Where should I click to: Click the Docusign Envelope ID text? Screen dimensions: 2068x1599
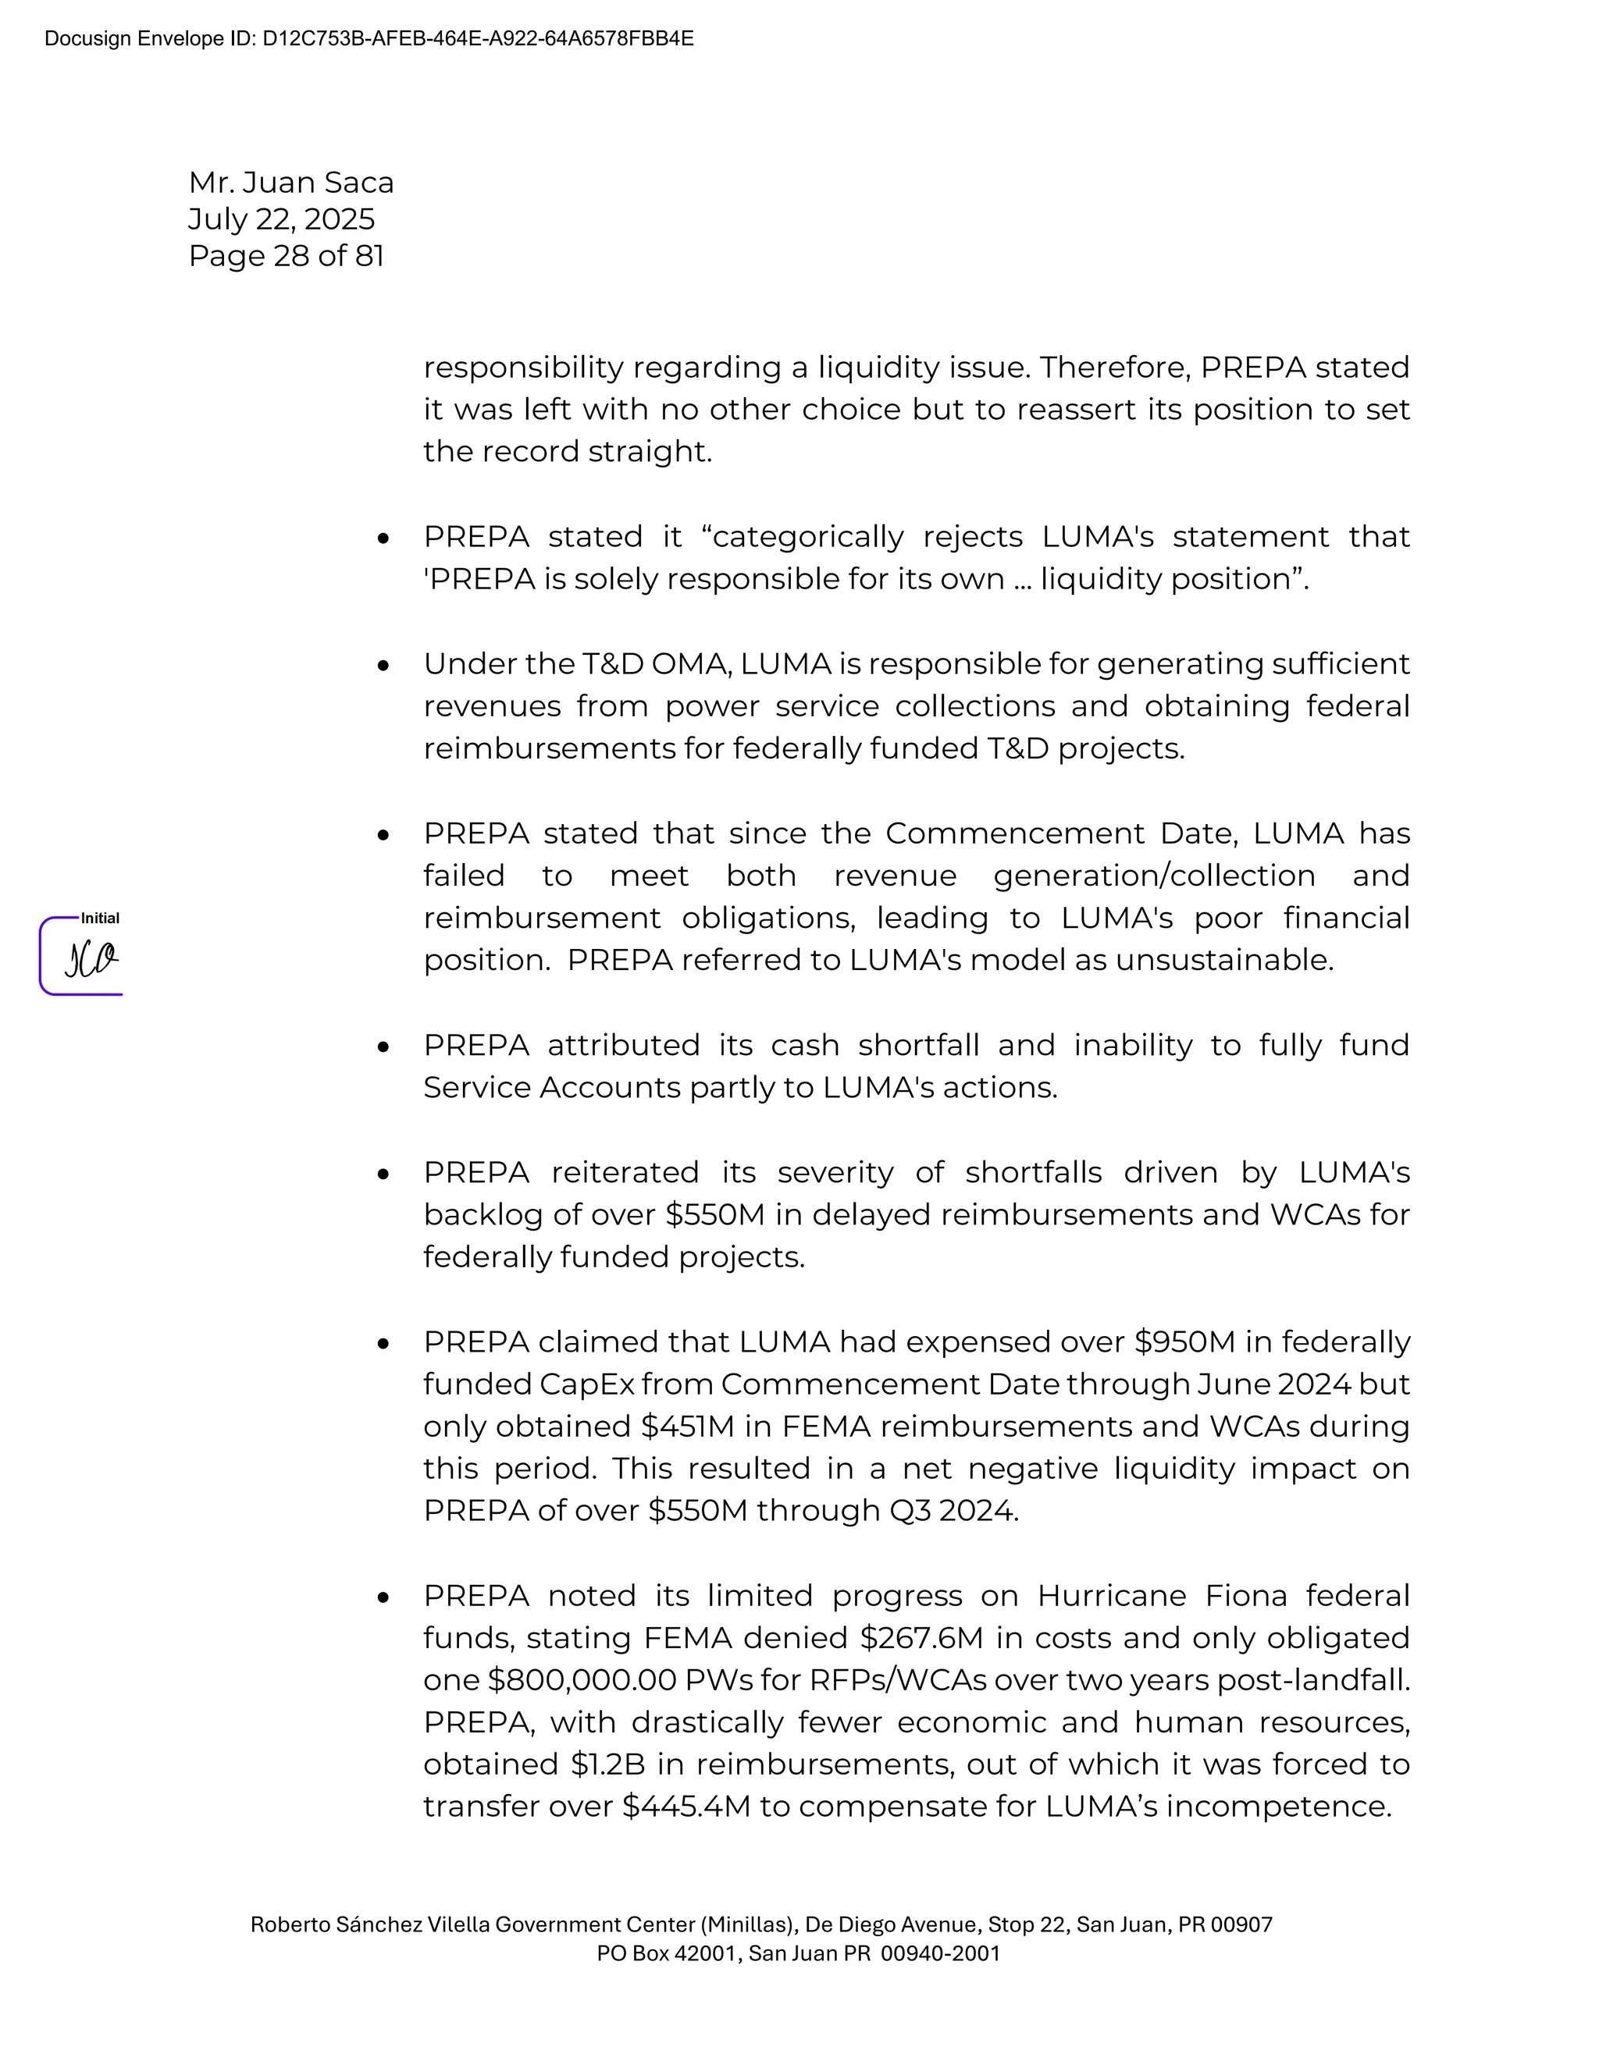[x=369, y=39]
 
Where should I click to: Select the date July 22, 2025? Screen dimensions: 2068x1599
[x=281, y=219]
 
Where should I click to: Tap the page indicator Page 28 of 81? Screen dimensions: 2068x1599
[x=286, y=256]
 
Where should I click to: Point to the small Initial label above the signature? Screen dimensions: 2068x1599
[x=99, y=919]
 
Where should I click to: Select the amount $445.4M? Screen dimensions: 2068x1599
[x=686, y=1806]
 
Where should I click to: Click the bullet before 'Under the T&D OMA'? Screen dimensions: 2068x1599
[x=383, y=666]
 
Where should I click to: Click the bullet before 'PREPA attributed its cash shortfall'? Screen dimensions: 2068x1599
[x=383, y=1047]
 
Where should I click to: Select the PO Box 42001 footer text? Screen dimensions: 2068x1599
[x=798, y=1953]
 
